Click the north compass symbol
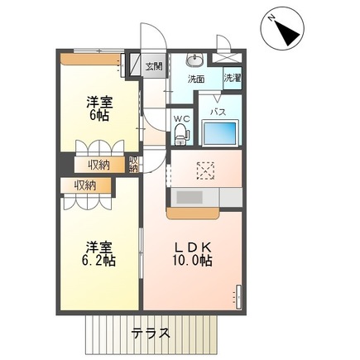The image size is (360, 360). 286,32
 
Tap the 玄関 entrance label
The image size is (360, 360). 154,66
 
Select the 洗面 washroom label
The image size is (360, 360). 196,79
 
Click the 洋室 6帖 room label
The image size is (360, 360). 99,110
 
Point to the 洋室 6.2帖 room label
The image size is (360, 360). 98,253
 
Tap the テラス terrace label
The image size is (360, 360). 151,334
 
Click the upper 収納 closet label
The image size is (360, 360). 99,166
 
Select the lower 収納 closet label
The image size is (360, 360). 84,185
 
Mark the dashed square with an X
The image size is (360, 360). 204,170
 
